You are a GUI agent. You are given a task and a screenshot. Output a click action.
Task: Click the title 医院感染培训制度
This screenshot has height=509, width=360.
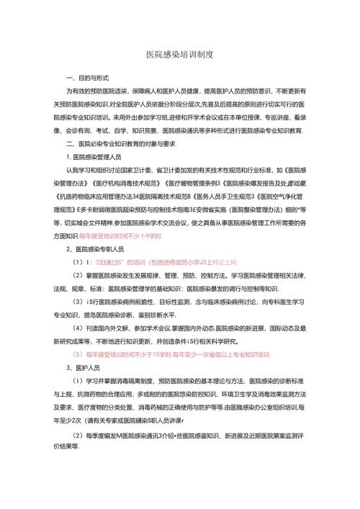coord(179,55)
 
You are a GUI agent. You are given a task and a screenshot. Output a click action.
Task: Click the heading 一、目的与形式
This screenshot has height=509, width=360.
coord(87,78)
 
